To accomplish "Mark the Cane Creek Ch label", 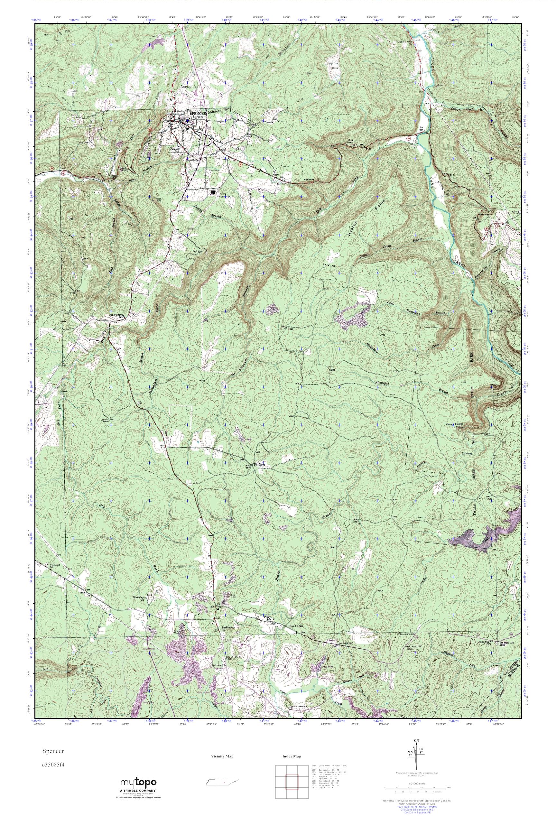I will point(405,42).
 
